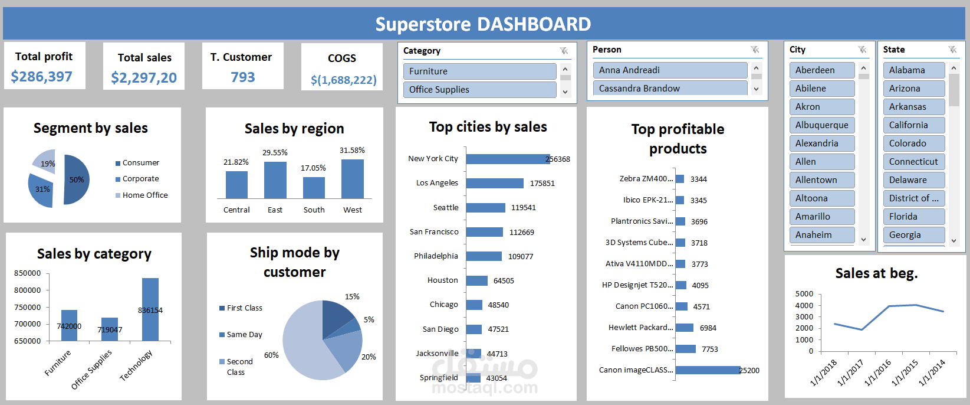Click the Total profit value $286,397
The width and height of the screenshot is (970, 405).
pos(42,77)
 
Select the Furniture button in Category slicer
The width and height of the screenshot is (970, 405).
pos(479,71)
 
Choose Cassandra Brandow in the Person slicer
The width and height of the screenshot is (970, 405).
pos(669,89)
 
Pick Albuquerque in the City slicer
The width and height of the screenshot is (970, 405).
pos(821,125)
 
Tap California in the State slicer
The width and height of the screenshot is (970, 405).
pos(913,125)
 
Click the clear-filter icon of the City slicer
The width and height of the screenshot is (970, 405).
pos(862,50)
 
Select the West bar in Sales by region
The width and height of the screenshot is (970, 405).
pos(353,179)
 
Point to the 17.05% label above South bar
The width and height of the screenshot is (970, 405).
pos(313,168)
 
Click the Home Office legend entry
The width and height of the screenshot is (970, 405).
pos(144,195)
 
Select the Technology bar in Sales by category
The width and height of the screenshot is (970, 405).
pos(150,309)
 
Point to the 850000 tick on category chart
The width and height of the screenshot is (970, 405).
pos(28,273)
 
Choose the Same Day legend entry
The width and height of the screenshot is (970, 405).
pos(244,335)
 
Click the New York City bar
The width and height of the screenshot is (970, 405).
pos(507,159)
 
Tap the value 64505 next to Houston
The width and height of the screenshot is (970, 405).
pos(504,281)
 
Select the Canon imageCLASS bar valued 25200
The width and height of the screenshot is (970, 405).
pos(707,370)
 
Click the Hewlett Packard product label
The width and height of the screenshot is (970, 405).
pos(640,328)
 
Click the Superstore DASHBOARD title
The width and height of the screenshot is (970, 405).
pos(483,24)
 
